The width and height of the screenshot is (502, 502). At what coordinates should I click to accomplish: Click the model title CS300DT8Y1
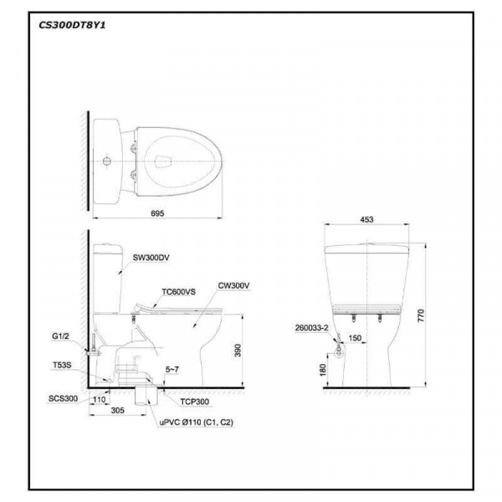pyautogui.click(x=71, y=24)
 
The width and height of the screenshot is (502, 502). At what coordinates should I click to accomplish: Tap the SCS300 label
pyautogui.click(x=63, y=399)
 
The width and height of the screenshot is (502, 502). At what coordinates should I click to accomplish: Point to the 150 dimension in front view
pyautogui.click(x=356, y=339)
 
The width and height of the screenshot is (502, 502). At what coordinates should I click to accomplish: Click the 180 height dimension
pyautogui.click(x=322, y=369)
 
